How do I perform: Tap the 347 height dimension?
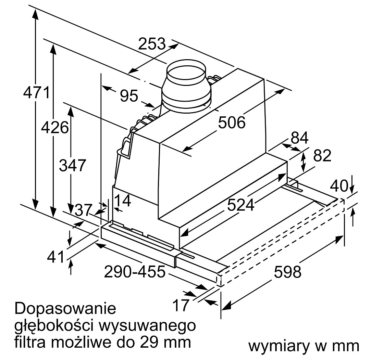72,166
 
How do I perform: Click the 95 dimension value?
129,96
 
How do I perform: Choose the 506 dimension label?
232,122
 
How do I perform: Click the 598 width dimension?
287,272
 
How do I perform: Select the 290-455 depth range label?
135,272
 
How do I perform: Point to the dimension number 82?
322,156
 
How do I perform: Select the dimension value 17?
180,305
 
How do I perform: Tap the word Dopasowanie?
65,309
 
